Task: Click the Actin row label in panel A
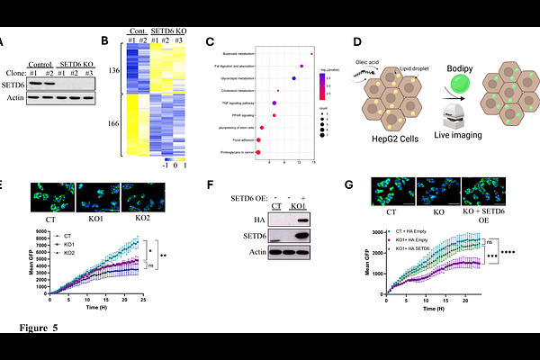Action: coord(13,97)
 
